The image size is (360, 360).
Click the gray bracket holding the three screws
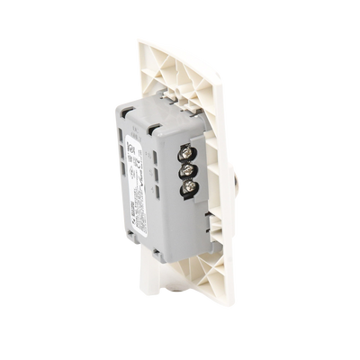[x=188, y=170]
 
